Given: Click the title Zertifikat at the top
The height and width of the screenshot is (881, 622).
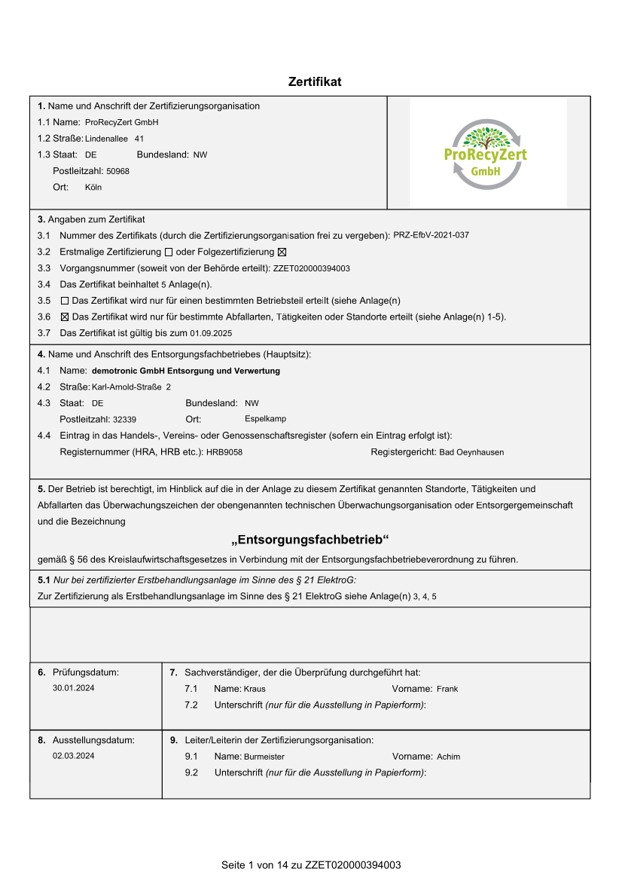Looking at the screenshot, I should tap(315, 81).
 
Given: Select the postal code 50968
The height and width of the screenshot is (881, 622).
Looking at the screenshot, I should tap(117, 171).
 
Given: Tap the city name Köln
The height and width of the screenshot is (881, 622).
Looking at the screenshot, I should tap(93, 187).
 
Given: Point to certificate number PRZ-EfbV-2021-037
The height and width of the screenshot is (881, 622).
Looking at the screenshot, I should tap(431, 235).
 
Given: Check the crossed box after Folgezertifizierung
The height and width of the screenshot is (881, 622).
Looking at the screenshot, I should tap(282, 252).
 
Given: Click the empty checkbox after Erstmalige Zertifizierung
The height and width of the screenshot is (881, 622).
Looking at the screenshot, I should tap(168, 252).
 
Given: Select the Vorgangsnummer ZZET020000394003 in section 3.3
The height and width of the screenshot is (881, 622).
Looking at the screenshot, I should tap(312, 268).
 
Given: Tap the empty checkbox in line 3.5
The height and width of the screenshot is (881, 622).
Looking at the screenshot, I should tap(64, 301).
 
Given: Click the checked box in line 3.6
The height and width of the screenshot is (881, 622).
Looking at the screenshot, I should tap(64, 317).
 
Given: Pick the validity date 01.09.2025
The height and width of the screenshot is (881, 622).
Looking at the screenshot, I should tap(211, 333).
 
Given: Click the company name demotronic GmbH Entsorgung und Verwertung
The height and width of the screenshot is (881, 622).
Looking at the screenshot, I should tap(185, 371).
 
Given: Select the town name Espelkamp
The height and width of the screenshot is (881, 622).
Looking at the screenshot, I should tap(265, 418).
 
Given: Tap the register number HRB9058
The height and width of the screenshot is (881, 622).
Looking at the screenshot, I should tap(224, 452).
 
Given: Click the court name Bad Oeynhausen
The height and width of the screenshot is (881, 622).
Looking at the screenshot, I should tap(471, 452).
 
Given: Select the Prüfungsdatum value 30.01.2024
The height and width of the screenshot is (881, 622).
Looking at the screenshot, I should tap(74, 688).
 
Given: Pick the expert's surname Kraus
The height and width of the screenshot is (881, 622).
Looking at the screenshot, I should tap(255, 689).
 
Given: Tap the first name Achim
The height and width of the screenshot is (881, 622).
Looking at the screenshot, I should tap(448, 757).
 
